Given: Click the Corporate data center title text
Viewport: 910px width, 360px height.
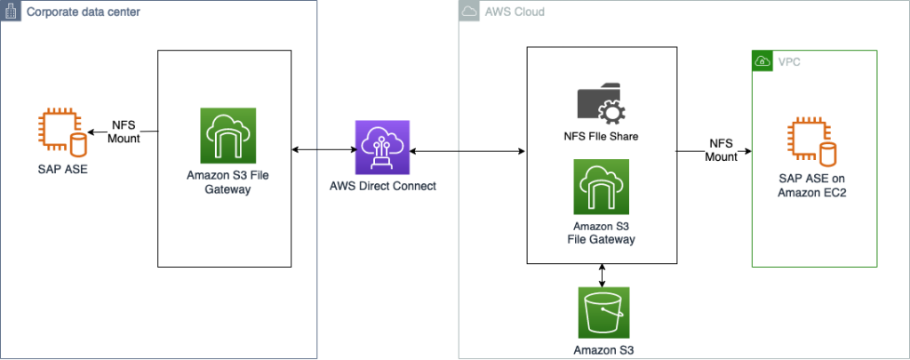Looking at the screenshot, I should (x=84, y=12).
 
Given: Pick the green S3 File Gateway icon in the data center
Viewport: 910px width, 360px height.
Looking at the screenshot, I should (x=227, y=136).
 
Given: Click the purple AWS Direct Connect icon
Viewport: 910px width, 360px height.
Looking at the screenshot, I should (x=381, y=148).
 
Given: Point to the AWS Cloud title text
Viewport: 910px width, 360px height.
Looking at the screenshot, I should (x=515, y=12).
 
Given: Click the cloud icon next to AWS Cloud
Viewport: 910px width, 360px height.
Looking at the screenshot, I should (x=469, y=12).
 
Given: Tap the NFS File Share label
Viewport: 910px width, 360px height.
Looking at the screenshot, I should (x=603, y=137).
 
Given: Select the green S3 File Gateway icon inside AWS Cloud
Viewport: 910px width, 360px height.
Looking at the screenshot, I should (x=603, y=186).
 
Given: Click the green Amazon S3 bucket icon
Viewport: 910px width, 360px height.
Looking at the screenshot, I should (x=603, y=313).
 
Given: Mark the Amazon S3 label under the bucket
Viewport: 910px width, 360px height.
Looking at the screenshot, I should (x=603, y=350).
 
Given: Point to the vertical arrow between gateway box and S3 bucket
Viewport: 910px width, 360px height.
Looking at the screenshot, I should (x=603, y=274).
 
